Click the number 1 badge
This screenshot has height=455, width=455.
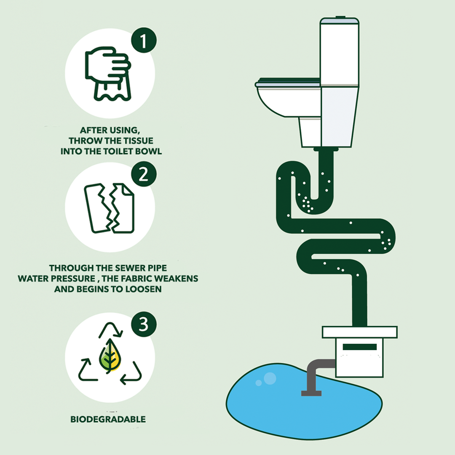pos(144,40)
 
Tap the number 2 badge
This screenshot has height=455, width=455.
pos(144,174)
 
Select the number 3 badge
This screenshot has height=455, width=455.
pos(144,324)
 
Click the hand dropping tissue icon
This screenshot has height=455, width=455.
pos(108,74)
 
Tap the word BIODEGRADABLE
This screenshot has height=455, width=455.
pos(108,419)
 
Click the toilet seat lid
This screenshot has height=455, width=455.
pos(288,82)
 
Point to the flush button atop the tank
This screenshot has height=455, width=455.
pos(340,17)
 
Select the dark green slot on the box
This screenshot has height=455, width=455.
pos(359,347)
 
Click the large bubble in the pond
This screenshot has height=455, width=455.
pos(270,378)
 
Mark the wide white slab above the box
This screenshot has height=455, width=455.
pos(359,332)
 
